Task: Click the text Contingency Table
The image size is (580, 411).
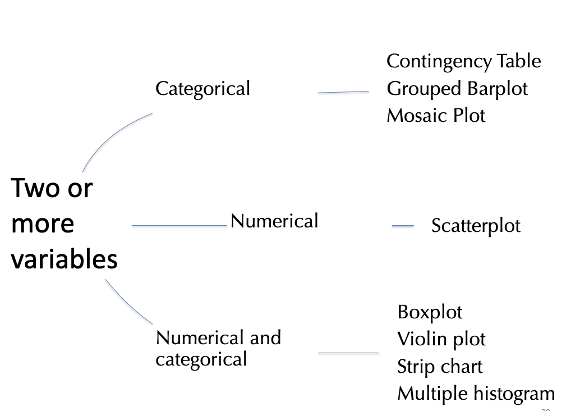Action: point(463,61)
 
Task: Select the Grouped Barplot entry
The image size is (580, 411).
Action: point(457,89)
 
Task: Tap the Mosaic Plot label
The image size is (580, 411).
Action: point(436,116)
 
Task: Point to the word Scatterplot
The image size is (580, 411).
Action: point(476,226)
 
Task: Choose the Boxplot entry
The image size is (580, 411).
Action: point(430,312)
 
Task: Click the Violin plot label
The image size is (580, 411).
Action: point(441,339)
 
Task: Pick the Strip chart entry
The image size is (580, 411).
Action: point(439,366)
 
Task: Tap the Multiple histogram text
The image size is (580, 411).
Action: point(476,394)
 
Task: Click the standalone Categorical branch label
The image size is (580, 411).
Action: point(202,89)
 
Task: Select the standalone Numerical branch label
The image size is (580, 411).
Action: point(274,221)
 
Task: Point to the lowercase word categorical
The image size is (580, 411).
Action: point(201,359)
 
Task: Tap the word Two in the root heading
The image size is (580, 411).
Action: point(36,188)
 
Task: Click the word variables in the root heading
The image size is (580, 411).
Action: point(65,260)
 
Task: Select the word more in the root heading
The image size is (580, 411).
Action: point(43,223)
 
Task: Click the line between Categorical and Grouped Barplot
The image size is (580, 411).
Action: point(343,92)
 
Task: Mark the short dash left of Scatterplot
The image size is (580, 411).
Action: point(402,226)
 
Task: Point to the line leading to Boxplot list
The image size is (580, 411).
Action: point(348,353)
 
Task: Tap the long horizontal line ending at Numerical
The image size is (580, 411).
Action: point(179,226)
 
